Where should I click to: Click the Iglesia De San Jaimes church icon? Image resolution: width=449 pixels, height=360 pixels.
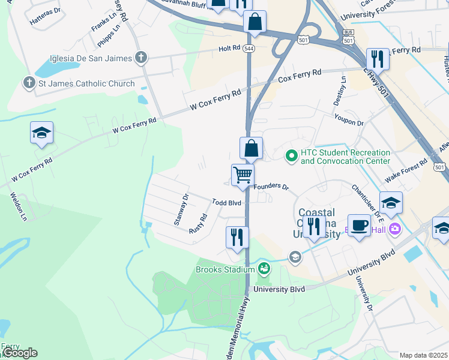(141, 58)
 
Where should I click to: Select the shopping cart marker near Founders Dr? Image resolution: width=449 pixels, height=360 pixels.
(243, 175)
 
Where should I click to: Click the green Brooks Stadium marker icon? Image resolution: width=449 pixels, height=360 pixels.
(263, 269)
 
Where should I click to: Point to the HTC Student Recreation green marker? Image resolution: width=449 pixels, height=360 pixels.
(292, 156)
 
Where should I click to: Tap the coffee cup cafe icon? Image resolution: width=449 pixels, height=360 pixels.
(359, 225)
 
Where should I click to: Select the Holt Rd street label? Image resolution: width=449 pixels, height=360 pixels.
(229, 47)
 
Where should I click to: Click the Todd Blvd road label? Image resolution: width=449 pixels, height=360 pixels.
(226, 203)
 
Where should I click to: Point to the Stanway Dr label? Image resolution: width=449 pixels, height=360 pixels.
(180, 209)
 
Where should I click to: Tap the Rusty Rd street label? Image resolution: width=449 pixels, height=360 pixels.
(198, 224)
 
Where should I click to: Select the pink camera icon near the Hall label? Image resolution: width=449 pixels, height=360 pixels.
(394, 229)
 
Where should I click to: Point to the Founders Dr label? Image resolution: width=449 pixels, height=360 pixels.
(271, 187)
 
